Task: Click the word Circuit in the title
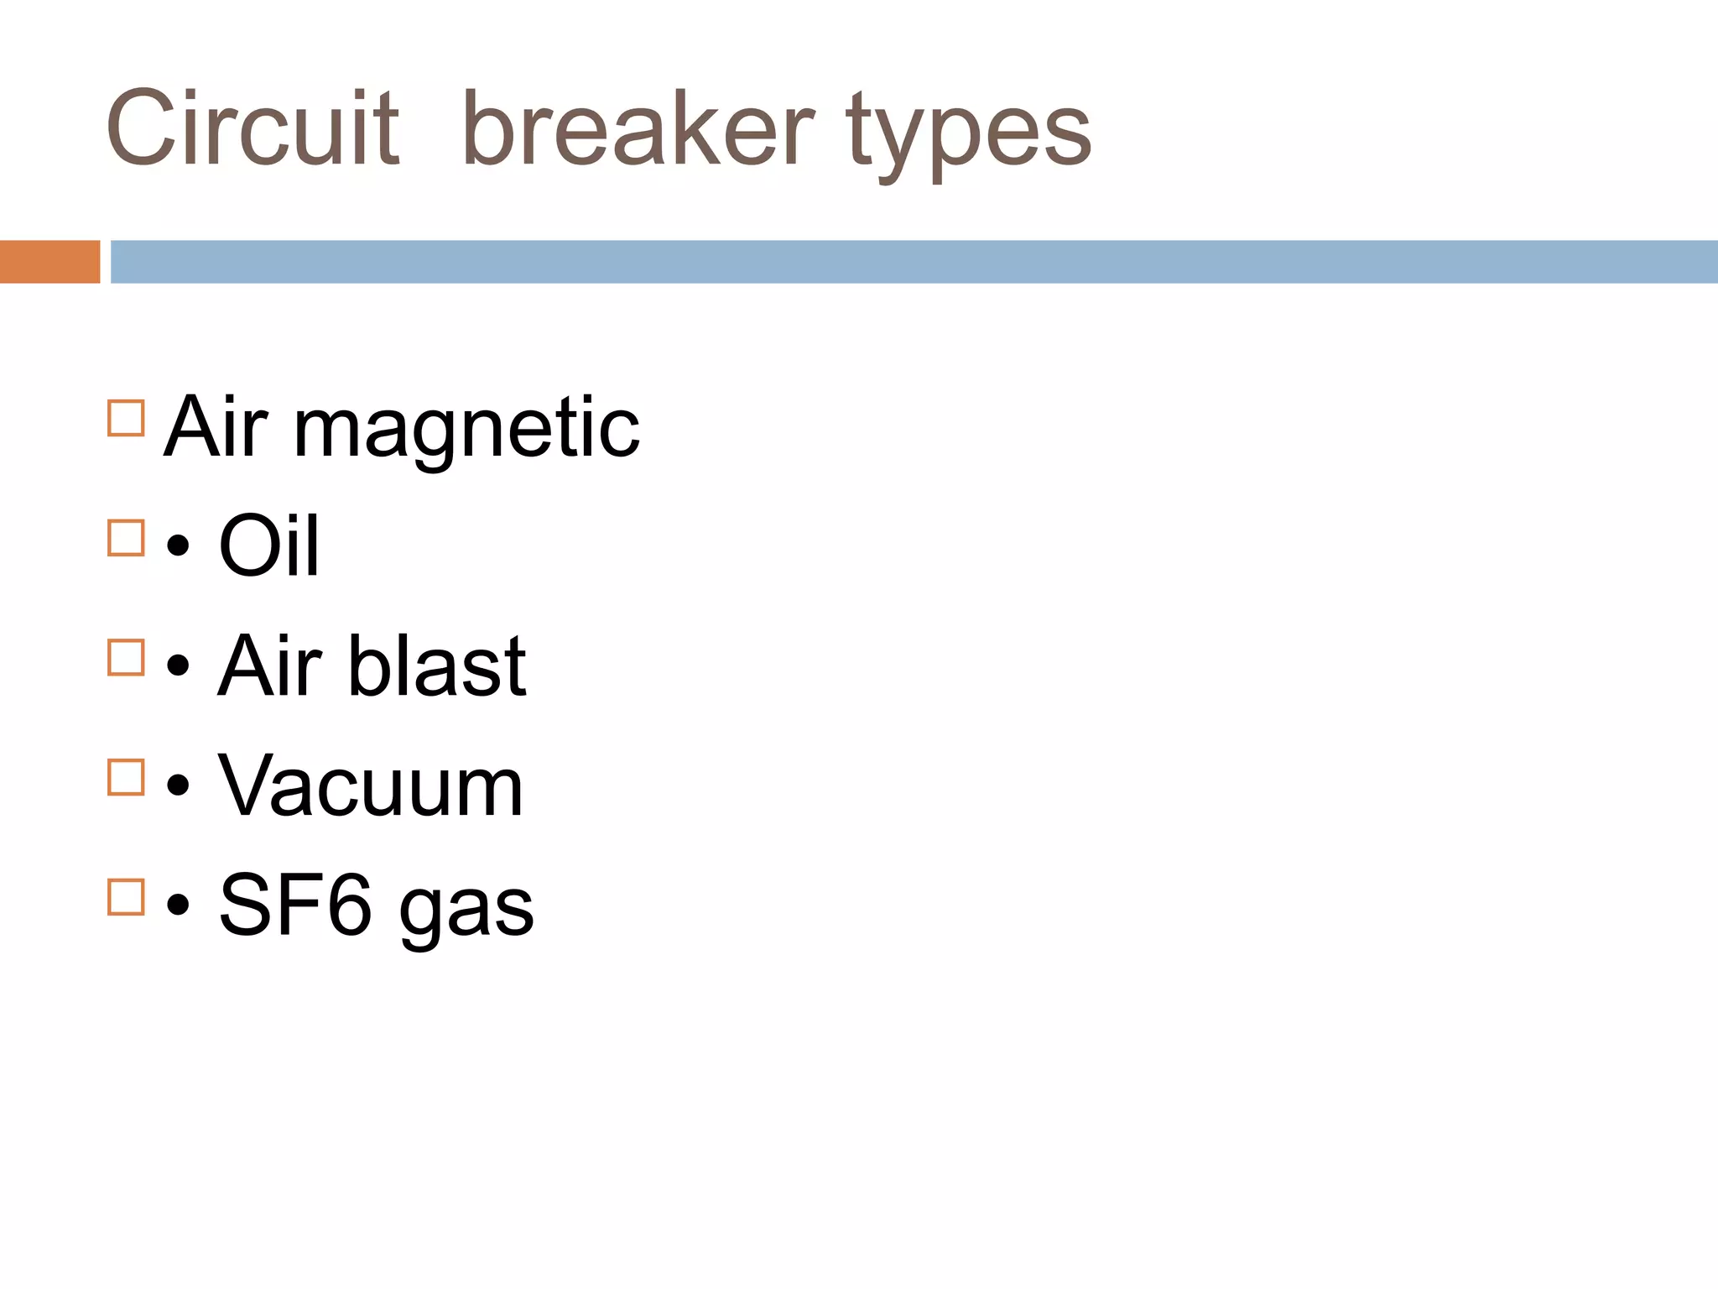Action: click(x=252, y=130)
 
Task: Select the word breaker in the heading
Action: click(x=638, y=130)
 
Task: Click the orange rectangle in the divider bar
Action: click(x=49, y=262)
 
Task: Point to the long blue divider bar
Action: click(x=914, y=262)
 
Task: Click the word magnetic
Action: click(x=466, y=430)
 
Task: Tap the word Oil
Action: click(x=268, y=546)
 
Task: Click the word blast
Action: click(x=436, y=666)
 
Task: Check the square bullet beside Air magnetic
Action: click(x=127, y=418)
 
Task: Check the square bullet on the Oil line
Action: click(x=127, y=538)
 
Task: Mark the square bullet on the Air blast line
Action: click(x=127, y=658)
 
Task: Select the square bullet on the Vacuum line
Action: click(x=127, y=777)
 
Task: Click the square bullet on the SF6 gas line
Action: click(x=127, y=897)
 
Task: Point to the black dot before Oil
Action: click(x=178, y=547)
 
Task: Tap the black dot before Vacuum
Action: click(x=178, y=787)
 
